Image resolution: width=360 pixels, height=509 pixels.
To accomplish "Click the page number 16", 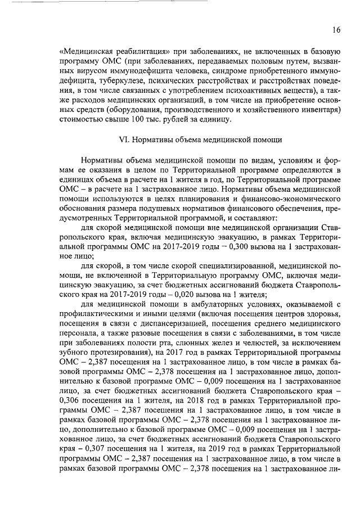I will click(x=336, y=30).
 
